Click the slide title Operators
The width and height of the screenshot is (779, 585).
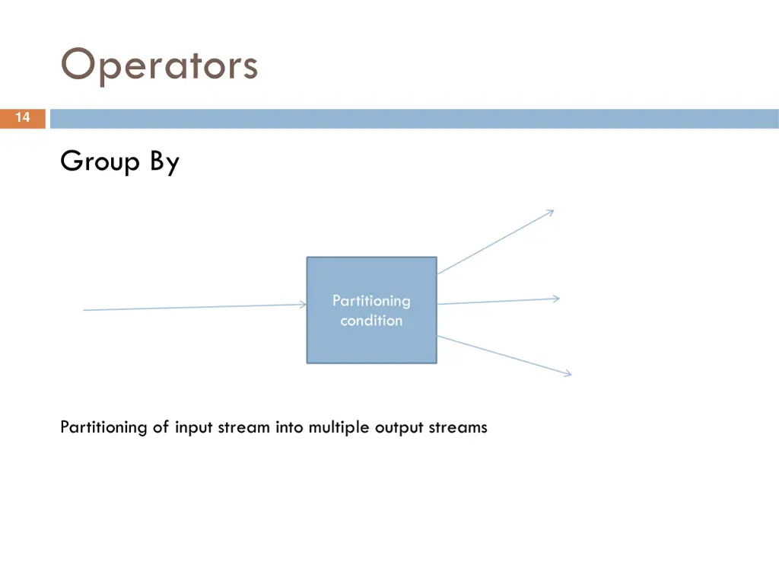tap(159, 66)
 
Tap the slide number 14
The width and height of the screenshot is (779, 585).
tap(23, 118)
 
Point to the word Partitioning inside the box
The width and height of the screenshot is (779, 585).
tap(371, 301)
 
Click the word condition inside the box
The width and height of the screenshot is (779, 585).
tap(371, 321)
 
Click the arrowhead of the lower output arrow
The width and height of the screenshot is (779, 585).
tap(568, 372)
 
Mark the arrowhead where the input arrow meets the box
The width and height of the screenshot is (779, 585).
tap(304, 305)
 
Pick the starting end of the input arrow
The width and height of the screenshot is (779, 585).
tap(84, 310)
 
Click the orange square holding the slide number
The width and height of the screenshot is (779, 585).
tap(23, 118)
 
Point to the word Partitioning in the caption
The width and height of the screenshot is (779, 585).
tap(103, 427)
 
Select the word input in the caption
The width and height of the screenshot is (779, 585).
tap(195, 427)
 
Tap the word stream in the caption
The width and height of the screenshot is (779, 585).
tap(243, 427)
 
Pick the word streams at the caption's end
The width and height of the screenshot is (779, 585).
tap(458, 427)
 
